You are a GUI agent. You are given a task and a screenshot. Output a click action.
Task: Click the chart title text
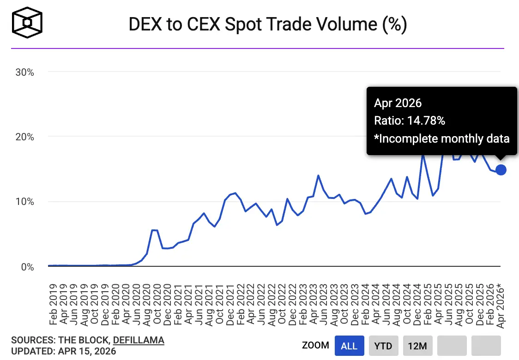click(268, 24)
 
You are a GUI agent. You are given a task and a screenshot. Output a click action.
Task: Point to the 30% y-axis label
click(24, 72)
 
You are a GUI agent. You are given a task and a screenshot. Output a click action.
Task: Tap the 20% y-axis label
click(24, 137)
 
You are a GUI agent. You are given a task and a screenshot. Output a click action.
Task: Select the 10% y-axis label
click(24, 202)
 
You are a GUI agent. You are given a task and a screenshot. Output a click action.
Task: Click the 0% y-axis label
click(27, 267)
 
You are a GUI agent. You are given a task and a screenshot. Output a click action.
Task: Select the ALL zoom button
click(350, 346)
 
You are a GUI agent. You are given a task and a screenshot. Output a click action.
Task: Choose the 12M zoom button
click(417, 346)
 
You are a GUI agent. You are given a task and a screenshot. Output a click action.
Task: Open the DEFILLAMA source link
click(139, 341)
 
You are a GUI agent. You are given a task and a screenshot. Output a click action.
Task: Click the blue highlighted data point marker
click(501, 170)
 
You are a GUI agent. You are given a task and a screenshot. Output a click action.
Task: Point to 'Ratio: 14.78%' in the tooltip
click(410, 121)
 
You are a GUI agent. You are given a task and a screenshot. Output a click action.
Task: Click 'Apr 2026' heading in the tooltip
click(398, 103)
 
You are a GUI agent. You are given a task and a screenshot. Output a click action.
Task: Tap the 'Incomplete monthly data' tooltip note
click(442, 138)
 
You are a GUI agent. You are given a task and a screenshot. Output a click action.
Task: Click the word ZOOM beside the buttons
click(315, 346)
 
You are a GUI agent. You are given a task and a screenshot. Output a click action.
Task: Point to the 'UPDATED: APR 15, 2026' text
click(63, 351)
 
